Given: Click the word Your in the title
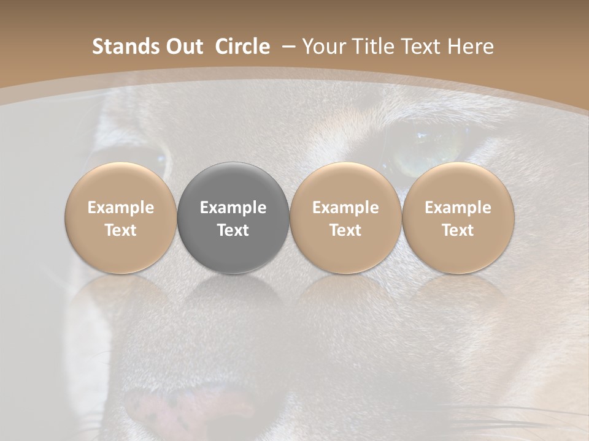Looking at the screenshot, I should click(323, 47).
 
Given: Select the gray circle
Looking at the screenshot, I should click(233, 217).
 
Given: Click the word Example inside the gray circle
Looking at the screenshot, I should click(233, 208).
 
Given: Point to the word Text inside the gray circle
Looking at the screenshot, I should click(233, 230).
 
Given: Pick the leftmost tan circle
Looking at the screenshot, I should click(121, 217).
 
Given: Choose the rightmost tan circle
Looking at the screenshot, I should click(458, 217).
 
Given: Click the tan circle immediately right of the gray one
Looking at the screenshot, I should click(345, 217).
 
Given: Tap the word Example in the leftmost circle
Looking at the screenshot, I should click(121, 208).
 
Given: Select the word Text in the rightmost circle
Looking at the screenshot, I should click(458, 230).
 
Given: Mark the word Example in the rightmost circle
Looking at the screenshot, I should click(458, 208).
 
